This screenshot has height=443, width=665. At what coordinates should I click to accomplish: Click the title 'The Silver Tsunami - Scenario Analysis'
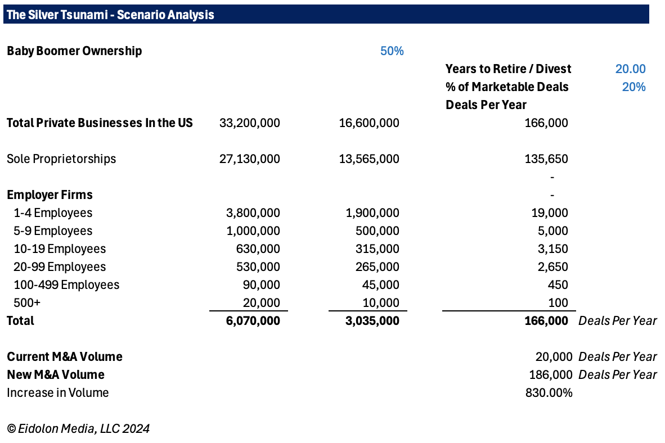(x=110, y=15)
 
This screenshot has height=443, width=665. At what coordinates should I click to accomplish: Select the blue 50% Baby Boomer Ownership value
(x=392, y=51)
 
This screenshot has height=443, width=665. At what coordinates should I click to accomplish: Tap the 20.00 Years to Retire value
(x=630, y=69)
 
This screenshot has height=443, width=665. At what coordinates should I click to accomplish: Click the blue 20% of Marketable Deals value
(x=633, y=87)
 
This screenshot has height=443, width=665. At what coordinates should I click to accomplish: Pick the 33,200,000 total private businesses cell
(x=249, y=123)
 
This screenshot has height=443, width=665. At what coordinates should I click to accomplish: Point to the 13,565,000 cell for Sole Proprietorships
(x=369, y=159)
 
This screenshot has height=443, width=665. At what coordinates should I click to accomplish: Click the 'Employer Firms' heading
(x=50, y=195)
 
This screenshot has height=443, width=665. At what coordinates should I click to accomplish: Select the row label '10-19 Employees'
(x=60, y=249)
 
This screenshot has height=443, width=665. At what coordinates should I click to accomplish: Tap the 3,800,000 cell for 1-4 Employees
(x=253, y=213)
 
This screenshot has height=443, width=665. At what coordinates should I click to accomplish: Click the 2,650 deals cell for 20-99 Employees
(x=552, y=267)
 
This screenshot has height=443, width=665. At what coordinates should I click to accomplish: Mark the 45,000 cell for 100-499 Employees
(x=380, y=285)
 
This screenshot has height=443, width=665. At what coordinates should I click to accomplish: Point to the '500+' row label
(x=27, y=302)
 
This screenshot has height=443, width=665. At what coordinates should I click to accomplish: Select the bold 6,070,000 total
(x=253, y=321)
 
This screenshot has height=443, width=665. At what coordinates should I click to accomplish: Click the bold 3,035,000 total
(x=372, y=321)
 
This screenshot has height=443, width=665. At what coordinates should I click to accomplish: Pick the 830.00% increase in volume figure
(x=549, y=393)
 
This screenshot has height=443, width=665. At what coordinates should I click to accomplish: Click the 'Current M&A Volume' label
(x=65, y=357)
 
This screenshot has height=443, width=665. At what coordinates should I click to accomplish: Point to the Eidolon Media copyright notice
(x=78, y=428)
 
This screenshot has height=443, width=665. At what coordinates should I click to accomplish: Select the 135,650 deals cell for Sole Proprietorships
(x=546, y=159)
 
